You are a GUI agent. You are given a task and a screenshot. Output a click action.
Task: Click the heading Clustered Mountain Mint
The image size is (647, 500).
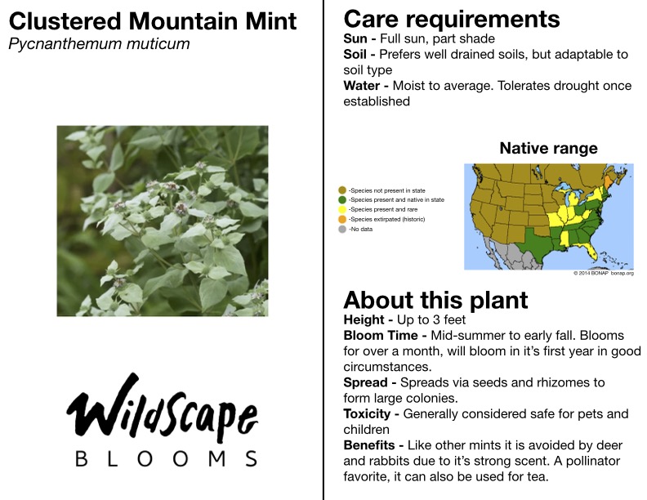pyautogui.click(x=153, y=21)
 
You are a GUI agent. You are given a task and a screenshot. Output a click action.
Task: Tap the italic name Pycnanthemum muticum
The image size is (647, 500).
pyautogui.click(x=99, y=44)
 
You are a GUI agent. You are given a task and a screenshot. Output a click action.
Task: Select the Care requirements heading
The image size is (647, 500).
pyautogui.click(x=452, y=20)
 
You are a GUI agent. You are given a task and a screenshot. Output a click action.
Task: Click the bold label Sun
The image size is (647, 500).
pyautogui.click(x=355, y=38)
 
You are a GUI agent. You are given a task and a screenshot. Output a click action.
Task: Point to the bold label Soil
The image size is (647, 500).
pyautogui.click(x=355, y=54)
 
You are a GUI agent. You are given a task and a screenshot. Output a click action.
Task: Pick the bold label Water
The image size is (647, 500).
pyautogui.click(x=361, y=86)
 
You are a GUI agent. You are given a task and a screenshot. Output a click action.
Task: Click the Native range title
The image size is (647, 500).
pyautogui.click(x=548, y=148)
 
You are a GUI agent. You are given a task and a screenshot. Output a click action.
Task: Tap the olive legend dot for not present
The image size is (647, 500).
pyautogui.click(x=342, y=190)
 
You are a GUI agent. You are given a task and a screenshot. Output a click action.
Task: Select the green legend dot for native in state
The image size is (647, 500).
pyautogui.click(x=342, y=199)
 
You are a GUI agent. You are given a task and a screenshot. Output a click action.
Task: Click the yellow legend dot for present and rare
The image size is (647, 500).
pyautogui.click(x=342, y=210)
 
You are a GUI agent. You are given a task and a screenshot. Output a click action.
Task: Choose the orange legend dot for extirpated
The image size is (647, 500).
pyautogui.click(x=342, y=219)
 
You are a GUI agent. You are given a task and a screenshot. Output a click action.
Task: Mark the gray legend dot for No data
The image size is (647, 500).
pyautogui.click(x=342, y=229)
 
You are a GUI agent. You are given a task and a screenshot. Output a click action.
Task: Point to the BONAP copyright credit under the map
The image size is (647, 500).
pyautogui.click(x=603, y=273)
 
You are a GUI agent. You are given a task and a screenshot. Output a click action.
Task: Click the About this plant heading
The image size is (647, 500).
pyautogui.click(x=435, y=300)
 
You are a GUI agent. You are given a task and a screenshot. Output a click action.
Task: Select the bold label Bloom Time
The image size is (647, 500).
pyautogui.click(x=381, y=336)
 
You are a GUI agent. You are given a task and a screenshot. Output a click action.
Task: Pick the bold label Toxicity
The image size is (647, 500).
pyautogui.click(x=367, y=413)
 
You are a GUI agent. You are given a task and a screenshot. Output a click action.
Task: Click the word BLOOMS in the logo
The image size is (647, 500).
pyautogui.click(x=167, y=459)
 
